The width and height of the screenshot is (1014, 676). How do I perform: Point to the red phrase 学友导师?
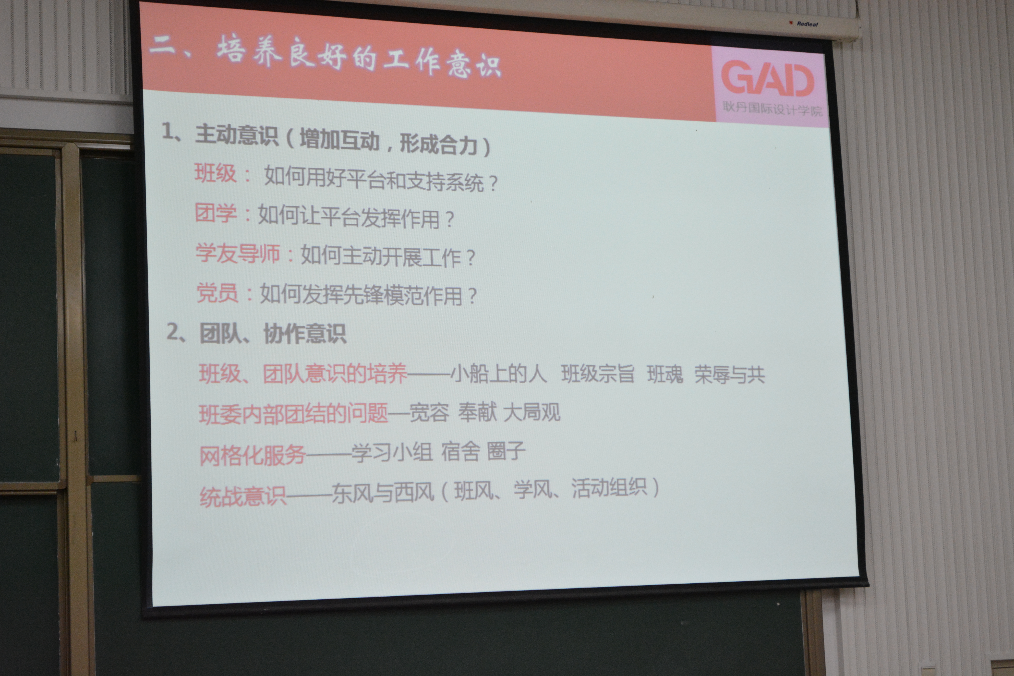coord(238,253)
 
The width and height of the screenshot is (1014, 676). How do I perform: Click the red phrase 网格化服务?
coord(253,455)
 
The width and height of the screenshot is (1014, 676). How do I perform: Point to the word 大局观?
coord(532,412)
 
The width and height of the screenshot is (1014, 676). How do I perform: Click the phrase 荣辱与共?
coord(729,374)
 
